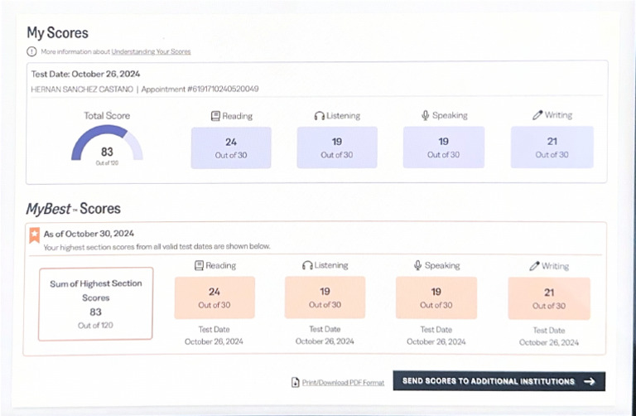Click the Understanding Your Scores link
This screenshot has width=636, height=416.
tap(151, 51)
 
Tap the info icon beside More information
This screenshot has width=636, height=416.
tap(31, 51)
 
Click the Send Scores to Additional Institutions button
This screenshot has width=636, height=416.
tap(499, 381)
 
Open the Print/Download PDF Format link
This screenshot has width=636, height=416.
tap(343, 382)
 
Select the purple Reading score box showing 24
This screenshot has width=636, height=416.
tap(231, 148)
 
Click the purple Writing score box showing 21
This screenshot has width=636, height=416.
tap(552, 147)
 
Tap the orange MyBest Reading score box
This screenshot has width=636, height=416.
tap(214, 297)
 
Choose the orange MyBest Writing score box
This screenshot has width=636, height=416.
tap(549, 298)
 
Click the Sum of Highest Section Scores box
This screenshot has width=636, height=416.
tap(96, 303)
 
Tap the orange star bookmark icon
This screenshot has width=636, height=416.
tap(35, 235)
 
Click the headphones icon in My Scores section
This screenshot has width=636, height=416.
tap(319, 116)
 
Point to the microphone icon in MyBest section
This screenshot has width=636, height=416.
tap(417, 265)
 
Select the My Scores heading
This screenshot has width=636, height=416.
tap(58, 33)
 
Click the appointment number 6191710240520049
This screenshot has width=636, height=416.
tap(223, 89)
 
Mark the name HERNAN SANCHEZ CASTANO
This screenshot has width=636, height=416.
tap(82, 89)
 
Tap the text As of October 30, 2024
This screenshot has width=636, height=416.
tap(89, 234)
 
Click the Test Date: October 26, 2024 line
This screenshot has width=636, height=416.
tap(85, 74)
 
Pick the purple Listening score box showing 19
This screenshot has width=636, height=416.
tap(337, 148)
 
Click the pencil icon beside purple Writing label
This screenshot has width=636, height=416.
tap(537, 115)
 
